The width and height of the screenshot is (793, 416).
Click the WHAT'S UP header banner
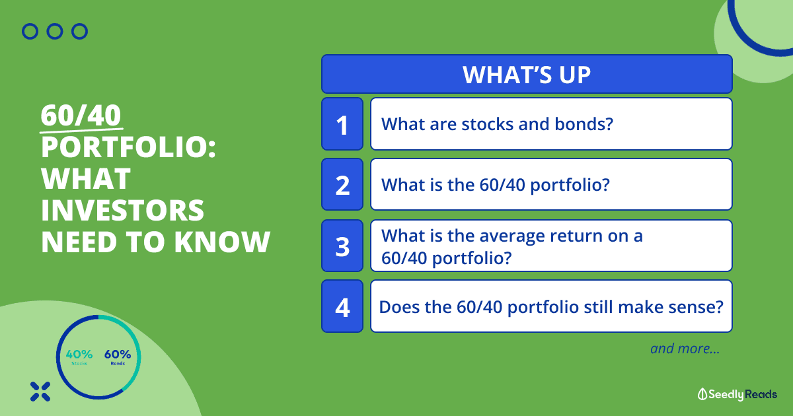point(527,74)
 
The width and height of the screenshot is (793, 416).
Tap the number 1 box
point(342,124)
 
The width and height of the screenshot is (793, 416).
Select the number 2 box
point(342,184)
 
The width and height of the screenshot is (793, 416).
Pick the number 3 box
point(342,246)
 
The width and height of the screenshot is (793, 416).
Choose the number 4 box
point(342,306)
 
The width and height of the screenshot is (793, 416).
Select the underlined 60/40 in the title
point(81,116)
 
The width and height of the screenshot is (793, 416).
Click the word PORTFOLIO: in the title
point(128,147)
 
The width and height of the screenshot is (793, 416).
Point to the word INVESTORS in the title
point(122,210)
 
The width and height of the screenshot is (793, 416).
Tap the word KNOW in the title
point(222,242)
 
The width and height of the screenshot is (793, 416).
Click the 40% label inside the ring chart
point(79,354)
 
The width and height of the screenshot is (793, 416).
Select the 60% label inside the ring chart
point(118,354)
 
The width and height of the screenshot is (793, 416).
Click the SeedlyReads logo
point(737,394)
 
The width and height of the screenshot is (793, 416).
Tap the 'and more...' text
point(685,349)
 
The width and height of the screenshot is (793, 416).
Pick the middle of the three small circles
point(55,32)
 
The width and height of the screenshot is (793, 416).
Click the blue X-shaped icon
point(40,392)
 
